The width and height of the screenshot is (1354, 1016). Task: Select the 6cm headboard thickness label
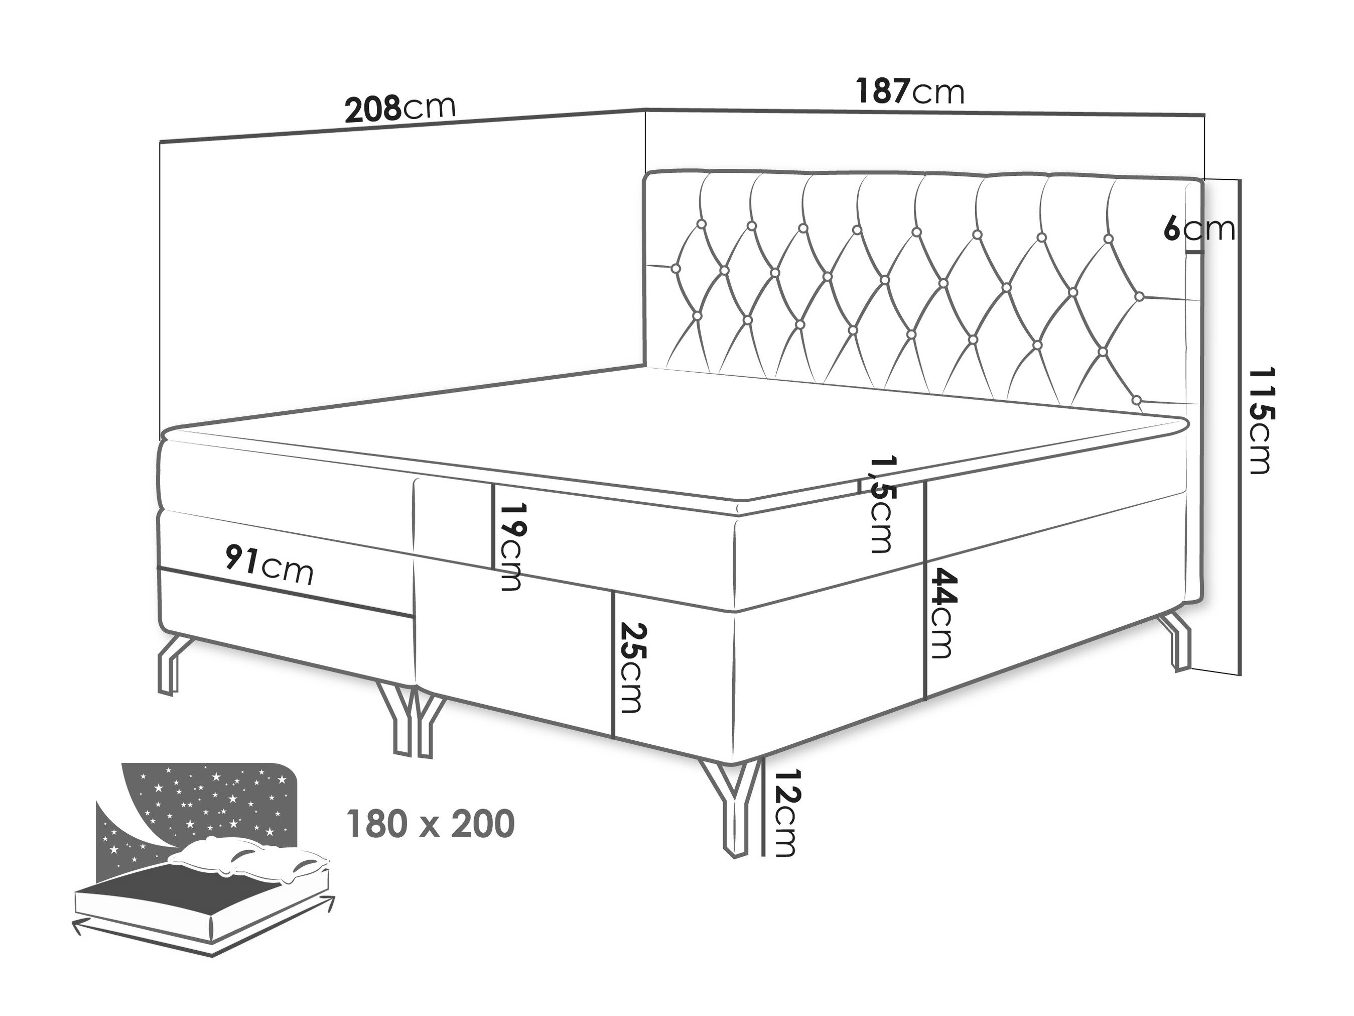click(x=1199, y=229)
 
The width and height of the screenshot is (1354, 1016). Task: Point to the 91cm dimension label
click(x=269, y=564)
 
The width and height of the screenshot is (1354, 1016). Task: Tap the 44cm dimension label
click(x=939, y=614)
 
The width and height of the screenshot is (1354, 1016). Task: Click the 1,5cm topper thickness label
click(x=880, y=504)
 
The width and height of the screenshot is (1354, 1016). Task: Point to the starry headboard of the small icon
click(x=202, y=802)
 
